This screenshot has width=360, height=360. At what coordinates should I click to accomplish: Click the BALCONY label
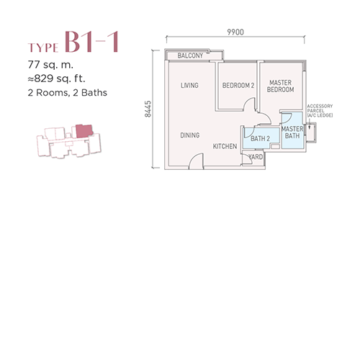coord(190,55)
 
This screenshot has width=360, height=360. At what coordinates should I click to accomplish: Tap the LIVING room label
coord(189,85)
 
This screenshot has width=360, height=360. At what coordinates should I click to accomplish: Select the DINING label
coord(190,135)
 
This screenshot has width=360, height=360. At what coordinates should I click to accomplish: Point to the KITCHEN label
coord(225,146)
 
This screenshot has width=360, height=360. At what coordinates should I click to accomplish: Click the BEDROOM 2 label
coord(238,86)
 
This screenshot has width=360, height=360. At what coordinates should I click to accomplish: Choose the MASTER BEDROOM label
coord(280,86)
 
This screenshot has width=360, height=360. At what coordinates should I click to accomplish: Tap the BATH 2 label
coord(260,138)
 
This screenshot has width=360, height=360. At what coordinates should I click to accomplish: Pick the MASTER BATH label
coord(292,132)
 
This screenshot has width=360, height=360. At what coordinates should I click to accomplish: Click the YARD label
coord(256,157)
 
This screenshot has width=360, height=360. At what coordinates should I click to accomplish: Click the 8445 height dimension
coord(148,109)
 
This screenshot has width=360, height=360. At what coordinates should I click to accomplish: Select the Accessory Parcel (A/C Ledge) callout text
coord(320,111)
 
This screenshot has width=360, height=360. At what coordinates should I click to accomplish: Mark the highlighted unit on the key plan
coord(84,131)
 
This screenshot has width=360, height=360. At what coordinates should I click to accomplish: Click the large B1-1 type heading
coord(91,42)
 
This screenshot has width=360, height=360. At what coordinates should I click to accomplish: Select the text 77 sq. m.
coord(50,65)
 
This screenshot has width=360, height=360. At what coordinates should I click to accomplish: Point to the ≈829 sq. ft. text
coord(56,78)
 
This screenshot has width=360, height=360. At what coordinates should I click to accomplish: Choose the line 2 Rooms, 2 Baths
coord(68,93)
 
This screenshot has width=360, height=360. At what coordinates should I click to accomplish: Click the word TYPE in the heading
coord(43,48)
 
